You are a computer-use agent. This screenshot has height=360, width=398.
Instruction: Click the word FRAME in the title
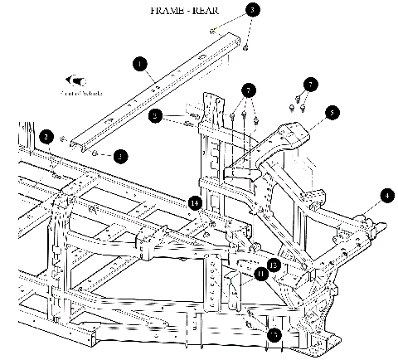(169, 12)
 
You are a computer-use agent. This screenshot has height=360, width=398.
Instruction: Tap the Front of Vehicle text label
(80, 94)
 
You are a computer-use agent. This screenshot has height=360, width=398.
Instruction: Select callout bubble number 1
(140, 63)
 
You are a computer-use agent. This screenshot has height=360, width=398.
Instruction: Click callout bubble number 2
(47, 137)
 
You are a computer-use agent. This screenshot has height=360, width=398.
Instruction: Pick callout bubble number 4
(386, 197)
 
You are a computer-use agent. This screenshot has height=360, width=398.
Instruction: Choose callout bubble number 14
(195, 202)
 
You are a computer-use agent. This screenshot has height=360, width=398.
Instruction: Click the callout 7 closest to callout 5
(310, 85)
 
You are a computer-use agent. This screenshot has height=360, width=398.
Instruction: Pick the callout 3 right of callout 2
(122, 154)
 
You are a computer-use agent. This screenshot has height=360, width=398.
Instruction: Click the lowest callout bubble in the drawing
(274, 335)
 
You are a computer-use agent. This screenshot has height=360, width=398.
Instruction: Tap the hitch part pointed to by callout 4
(365, 222)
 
